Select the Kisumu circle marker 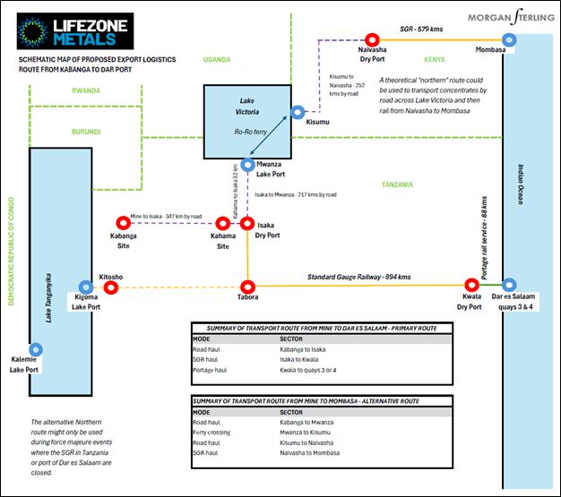coord(297,113)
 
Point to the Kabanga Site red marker coord(123,221)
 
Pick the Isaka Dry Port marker coord(252,221)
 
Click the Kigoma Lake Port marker coord(87,286)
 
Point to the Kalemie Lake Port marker coord(35,349)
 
